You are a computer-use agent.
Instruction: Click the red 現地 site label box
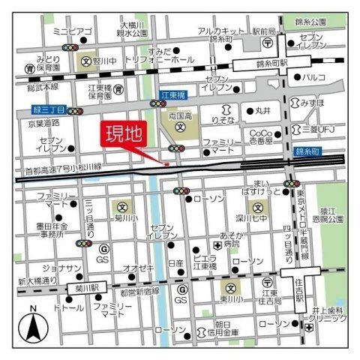coord(121,136)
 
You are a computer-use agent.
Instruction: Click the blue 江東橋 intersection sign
coord(173,97)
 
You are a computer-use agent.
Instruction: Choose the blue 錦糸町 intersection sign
coord(305,152)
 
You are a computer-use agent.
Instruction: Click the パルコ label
coord(313,78)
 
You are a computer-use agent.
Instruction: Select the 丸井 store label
coord(262,111)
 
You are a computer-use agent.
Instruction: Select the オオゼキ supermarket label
coord(139,268)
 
